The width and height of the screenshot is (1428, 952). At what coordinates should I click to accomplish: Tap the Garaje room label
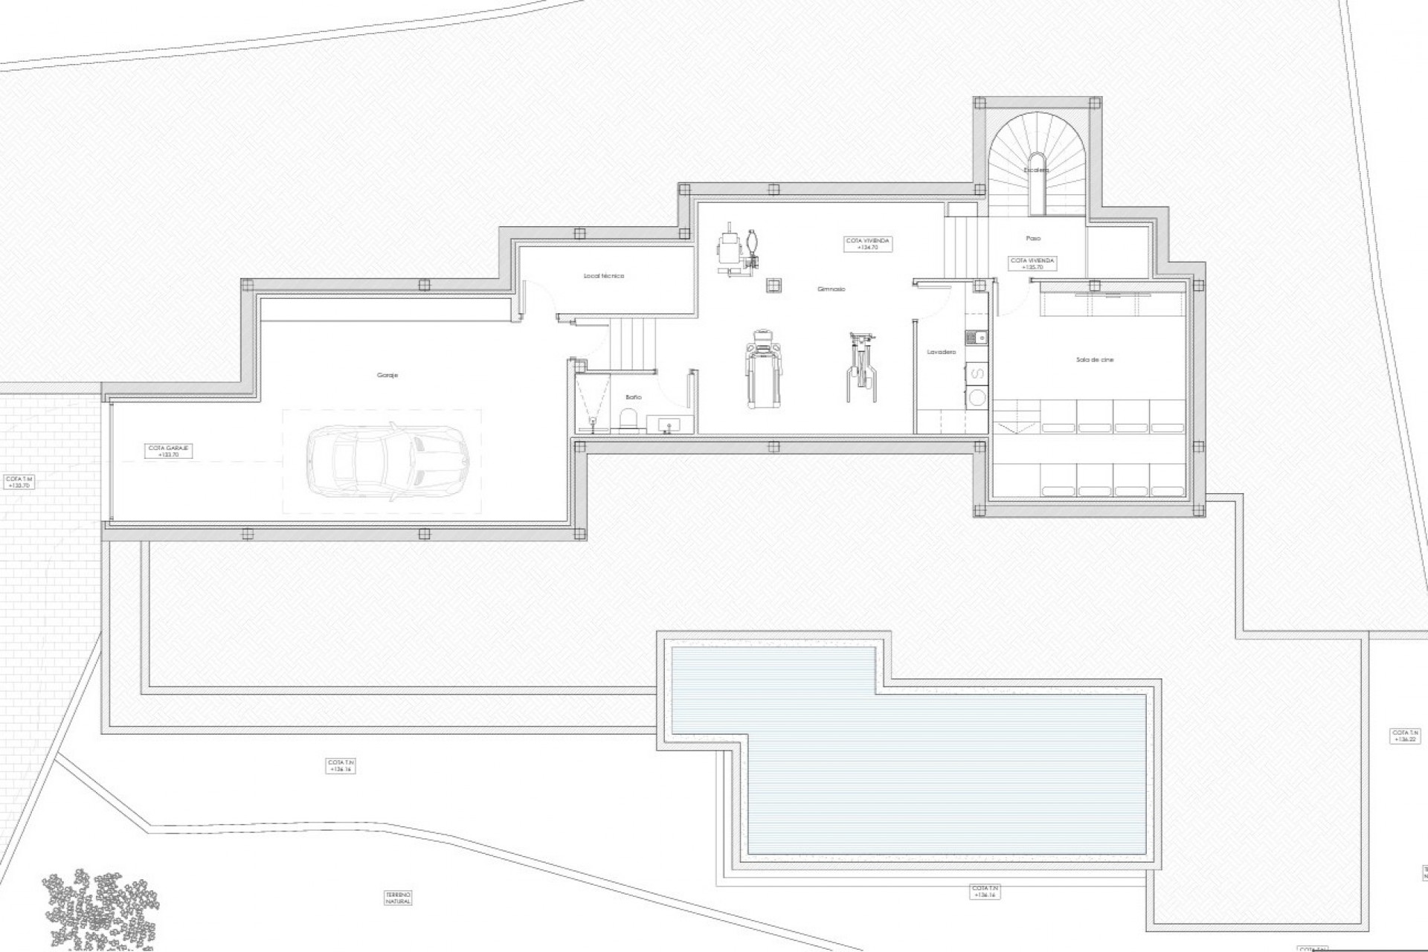(387, 376)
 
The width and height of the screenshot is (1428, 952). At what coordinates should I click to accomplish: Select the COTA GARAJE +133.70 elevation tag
(170, 450)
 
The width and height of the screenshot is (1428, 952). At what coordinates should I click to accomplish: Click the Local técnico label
(604, 276)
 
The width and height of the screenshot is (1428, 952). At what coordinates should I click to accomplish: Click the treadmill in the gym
(764, 376)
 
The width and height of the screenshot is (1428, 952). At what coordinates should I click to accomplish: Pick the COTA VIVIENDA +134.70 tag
(867, 244)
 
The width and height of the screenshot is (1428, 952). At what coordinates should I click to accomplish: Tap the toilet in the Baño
(631, 421)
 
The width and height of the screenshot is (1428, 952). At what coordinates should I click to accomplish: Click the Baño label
(633, 397)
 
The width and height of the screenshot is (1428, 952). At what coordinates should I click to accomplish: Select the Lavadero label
(941, 351)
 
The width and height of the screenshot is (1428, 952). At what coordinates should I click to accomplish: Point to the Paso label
(1033, 238)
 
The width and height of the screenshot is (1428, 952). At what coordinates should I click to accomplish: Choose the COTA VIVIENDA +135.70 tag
(1032, 263)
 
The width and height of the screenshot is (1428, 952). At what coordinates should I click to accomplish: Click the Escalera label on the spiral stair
(1036, 170)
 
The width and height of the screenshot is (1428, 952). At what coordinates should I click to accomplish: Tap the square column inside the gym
(774, 286)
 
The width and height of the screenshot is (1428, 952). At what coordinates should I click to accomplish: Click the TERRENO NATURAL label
(399, 898)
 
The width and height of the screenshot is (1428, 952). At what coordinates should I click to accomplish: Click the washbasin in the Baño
(667, 425)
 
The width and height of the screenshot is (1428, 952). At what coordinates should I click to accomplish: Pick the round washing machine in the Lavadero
(977, 398)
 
